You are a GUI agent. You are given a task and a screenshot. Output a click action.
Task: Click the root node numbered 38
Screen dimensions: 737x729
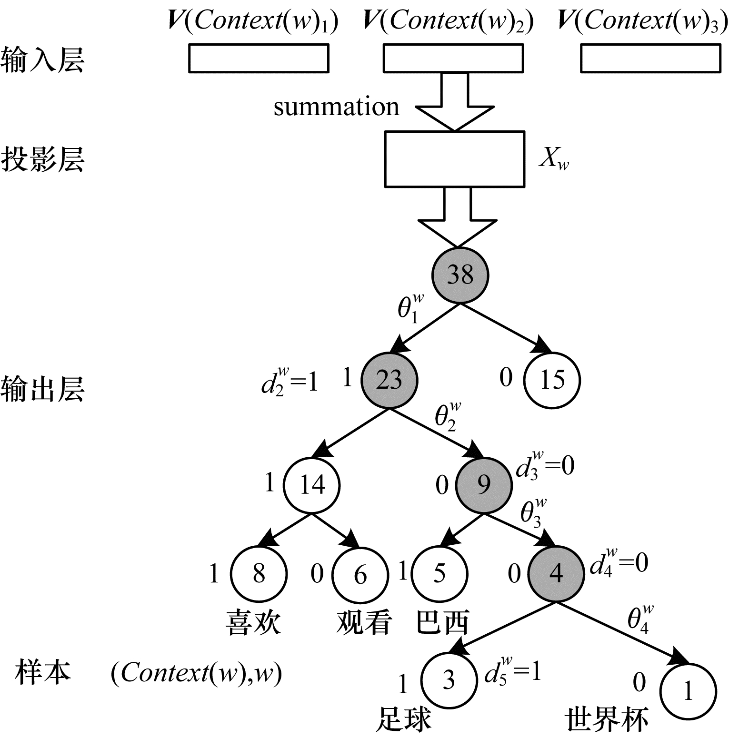[460, 275]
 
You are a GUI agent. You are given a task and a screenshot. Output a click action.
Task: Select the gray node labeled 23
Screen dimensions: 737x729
[389, 380]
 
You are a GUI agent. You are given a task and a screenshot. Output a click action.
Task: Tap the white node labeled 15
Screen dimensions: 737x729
[552, 380]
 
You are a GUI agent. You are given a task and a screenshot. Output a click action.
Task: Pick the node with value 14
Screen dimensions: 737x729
[312, 485]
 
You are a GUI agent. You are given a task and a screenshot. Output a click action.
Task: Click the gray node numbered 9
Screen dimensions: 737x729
[484, 485]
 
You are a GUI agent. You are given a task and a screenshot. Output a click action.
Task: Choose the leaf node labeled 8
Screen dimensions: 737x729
[259, 573]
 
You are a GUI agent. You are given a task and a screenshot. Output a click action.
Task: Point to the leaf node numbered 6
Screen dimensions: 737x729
[360, 574]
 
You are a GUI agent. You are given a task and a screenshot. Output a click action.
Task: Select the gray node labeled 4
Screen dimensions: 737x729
[556, 573]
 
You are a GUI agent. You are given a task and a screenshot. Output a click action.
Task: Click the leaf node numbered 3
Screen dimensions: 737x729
[449, 680]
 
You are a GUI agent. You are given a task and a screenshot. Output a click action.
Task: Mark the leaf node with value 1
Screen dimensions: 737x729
[688, 690]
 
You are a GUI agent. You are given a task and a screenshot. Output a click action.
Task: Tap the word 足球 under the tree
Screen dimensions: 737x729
[403, 719]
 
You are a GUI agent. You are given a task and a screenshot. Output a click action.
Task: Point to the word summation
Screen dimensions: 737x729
[336, 107]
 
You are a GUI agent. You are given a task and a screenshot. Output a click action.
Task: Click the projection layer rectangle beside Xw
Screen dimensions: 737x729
[454, 159]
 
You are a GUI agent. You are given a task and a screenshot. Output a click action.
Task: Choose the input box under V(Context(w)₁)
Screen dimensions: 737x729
[259, 58]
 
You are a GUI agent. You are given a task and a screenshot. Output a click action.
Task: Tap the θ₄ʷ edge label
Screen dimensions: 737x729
[639, 619]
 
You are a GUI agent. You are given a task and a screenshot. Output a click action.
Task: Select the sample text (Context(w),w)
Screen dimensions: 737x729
[196, 674]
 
